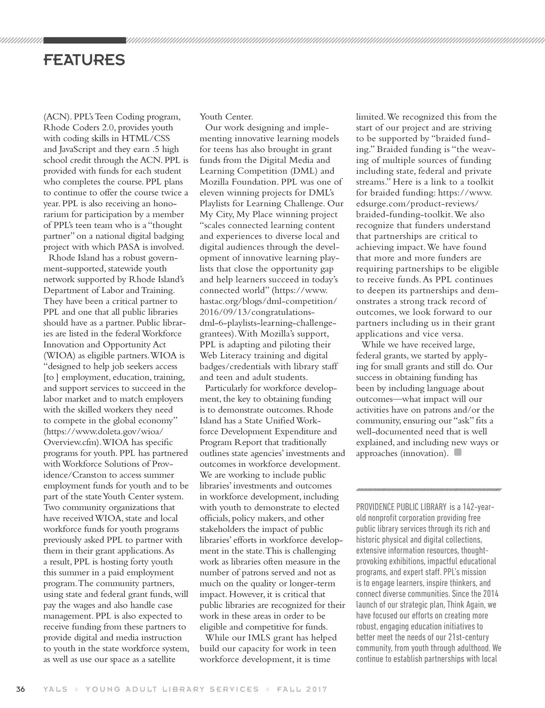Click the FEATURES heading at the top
pyautogui.click(x=84, y=60)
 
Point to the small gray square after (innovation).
pyautogui.click(x=458, y=452)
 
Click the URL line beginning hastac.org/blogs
pyautogui.click(x=268, y=301)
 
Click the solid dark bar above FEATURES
pyautogui.click(x=84, y=40)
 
